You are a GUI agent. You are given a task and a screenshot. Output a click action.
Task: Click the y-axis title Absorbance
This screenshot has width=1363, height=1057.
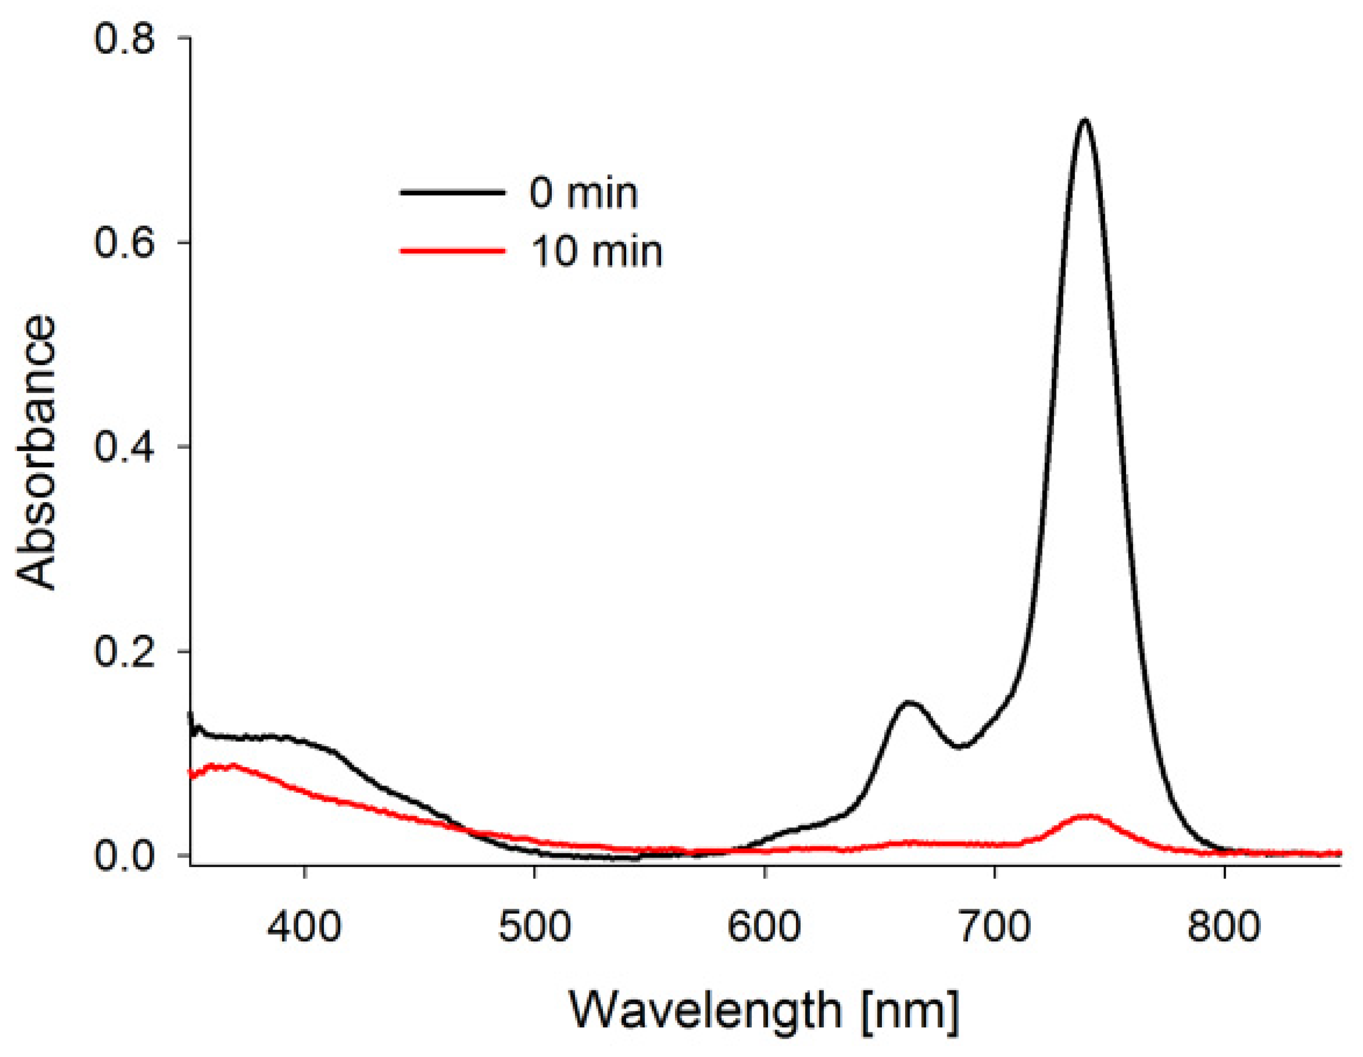(x=36, y=452)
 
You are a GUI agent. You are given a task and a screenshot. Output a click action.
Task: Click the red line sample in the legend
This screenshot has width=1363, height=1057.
(x=452, y=251)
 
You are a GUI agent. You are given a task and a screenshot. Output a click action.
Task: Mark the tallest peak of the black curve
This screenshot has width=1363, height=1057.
(x=1086, y=120)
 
